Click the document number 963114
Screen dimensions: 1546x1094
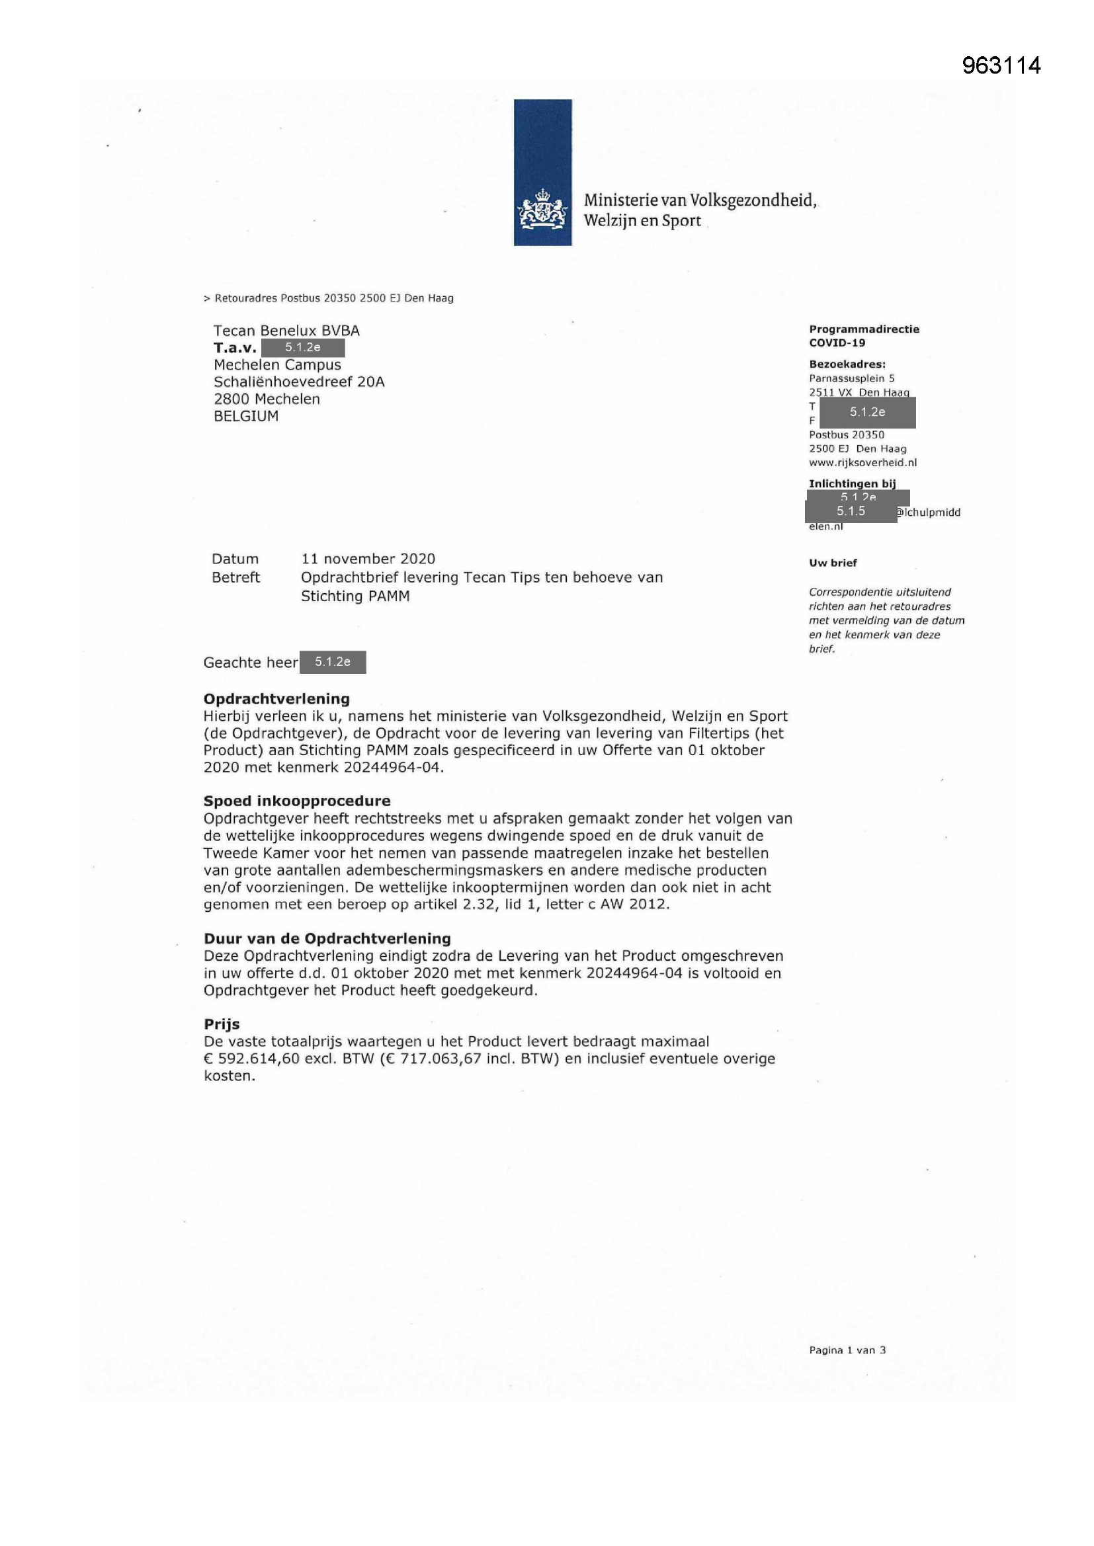[x=1001, y=65]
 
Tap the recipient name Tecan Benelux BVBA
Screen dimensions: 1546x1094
[x=286, y=331]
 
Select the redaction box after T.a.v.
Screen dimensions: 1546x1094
[x=303, y=348]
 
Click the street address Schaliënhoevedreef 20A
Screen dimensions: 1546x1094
[x=299, y=382]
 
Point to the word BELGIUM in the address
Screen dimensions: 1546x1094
[x=246, y=416]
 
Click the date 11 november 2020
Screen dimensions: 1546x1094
[x=368, y=559]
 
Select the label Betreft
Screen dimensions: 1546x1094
[x=235, y=578]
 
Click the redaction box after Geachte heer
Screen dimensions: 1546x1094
[x=333, y=662]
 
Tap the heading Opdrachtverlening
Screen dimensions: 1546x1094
[x=276, y=699]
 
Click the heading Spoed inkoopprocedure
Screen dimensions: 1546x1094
[x=297, y=801]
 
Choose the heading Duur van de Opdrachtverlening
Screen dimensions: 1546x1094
[x=327, y=939]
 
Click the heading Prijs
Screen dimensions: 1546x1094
[x=222, y=1024]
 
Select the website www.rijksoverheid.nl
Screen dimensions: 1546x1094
[x=863, y=463]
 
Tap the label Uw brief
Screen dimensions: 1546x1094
[x=833, y=563]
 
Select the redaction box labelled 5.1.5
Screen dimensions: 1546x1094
[x=851, y=512]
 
